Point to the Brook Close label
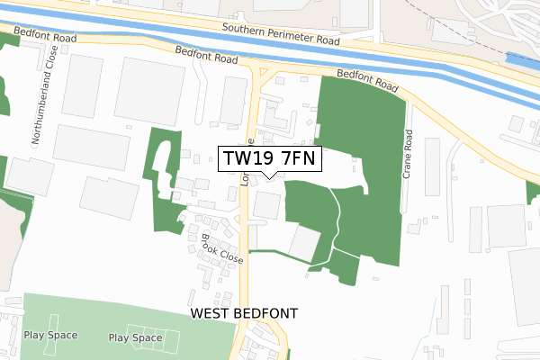tap(222, 248)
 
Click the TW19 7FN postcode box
tap(269, 159)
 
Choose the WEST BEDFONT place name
tap(243, 313)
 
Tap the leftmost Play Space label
tap(50, 335)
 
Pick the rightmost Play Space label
tap(135, 338)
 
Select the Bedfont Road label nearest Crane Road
tap(367, 81)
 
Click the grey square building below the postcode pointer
tap(266, 204)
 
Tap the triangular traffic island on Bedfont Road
tap(264, 74)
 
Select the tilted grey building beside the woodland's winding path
tap(303, 243)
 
